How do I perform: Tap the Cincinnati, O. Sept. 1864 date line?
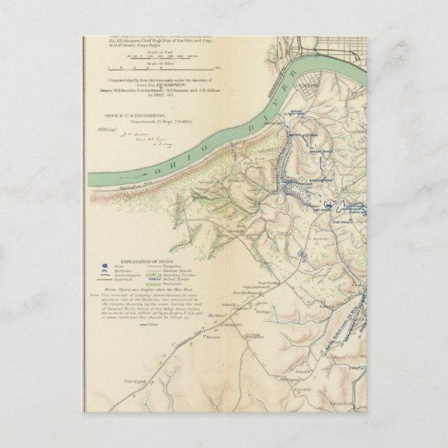click(154, 120)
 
